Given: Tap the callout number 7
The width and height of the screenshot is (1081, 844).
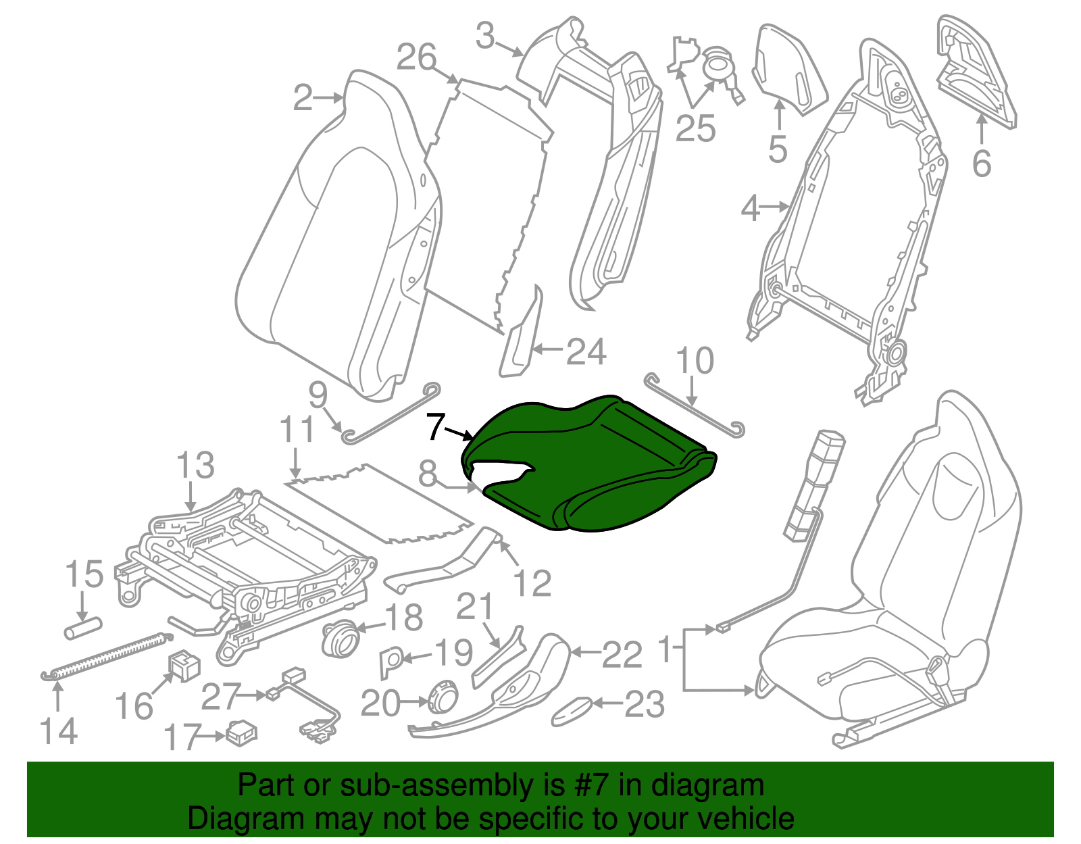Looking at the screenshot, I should pyautogui.click(x=436, y=427).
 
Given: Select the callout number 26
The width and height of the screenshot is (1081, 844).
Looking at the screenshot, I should pyautogui.click(x=416, y=58).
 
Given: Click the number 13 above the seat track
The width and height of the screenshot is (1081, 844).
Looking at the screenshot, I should pyautogui.click(x=196, y=466).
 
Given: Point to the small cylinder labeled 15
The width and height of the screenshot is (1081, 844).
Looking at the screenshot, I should pyautogui.click(x=82, y=628).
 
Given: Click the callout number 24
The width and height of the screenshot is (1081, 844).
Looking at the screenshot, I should pyautogui.click(x=586, y=352).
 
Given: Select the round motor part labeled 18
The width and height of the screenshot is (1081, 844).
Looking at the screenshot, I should pyautogui.click(x=341, y=637).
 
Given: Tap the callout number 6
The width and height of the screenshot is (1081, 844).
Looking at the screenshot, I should pyautogui.click(x=981, y=164).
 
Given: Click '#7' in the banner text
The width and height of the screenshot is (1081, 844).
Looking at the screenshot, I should pyautogui.click(x=592, y=786).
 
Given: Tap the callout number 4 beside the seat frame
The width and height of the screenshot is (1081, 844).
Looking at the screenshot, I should pyautogui.click(x=751, y=209).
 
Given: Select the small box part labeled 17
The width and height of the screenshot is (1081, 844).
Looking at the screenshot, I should pyautogui.click(x=242, y=733).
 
